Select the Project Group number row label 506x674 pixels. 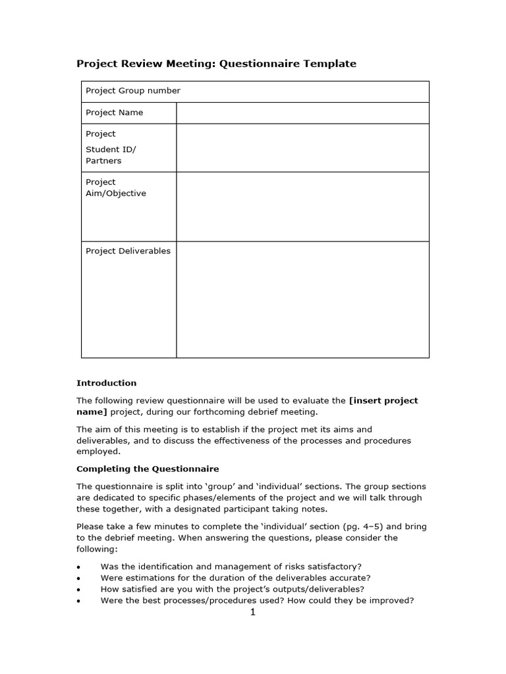tap(132, 91)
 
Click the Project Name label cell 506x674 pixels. tap(114, 113)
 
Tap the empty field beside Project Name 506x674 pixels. tap(302, 113)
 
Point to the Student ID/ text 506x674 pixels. tap(111, 149)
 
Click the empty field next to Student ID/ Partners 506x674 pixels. tap(302, 148)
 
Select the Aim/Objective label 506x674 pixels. tap(116, 194)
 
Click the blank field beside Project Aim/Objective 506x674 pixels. tap(302, 207)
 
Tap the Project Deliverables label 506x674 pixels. tap(128, 251)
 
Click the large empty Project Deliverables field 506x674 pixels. tap(302, 299)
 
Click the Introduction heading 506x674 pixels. tap(107, 383)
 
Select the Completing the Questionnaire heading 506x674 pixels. tap(148, 469)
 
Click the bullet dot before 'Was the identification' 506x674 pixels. tap(79, 567)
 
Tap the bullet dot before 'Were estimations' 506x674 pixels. tap(79, 578)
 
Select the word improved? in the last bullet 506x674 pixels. tap(391, 600)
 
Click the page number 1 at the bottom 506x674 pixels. tap(252, 613)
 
